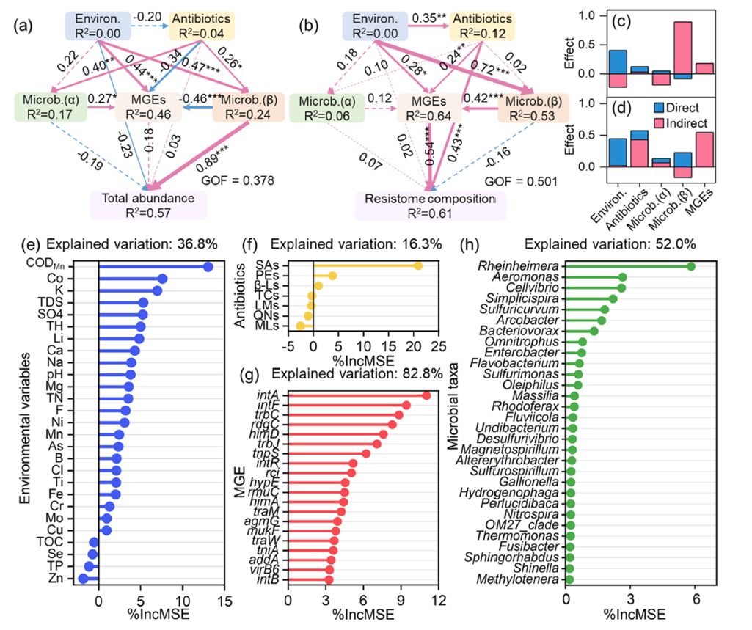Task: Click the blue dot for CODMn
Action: (x=208, y=267)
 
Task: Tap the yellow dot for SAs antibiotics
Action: (x=417, y=265)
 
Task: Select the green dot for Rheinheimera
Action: (x=690, y=265)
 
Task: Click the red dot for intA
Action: (x=426, y=395)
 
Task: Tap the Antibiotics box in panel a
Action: (x=201, y=25)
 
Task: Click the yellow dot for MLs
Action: (x=300, y=326)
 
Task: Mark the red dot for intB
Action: (x=329, y=580)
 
